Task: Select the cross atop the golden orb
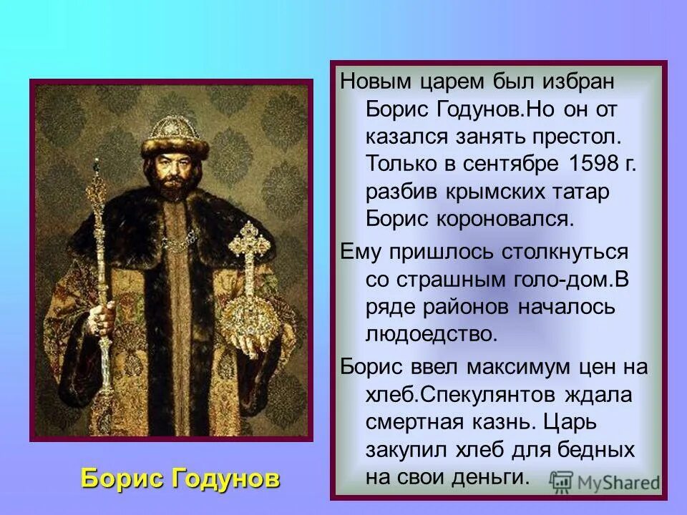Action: click(249, 243)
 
